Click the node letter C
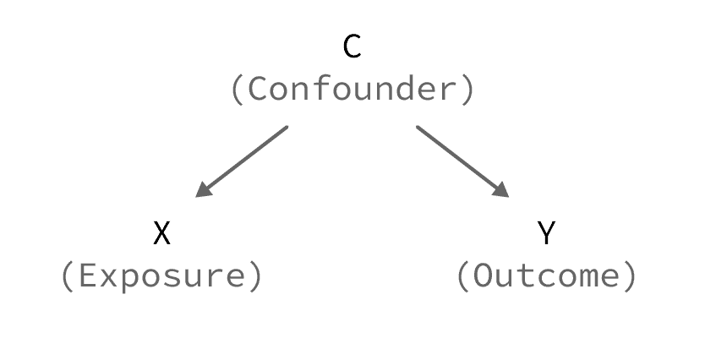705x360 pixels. (352, 46)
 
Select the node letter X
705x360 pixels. (162, 232)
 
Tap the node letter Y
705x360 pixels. (546, 232)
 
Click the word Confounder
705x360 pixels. (352, 90)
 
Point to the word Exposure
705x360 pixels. (162, 276)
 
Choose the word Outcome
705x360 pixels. (546, 276)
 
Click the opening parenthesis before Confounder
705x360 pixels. (237, 90)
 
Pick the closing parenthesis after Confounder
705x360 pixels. (468, 90)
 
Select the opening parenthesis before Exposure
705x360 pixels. (67, 277)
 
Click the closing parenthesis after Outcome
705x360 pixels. (631, 277)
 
